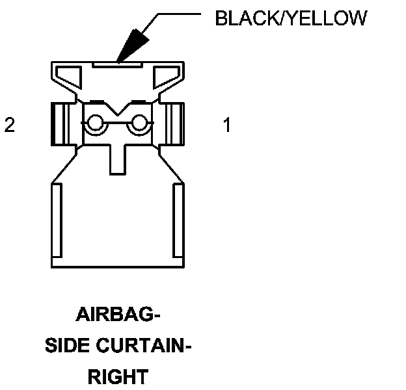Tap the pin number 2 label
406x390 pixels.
(x=9, y=125)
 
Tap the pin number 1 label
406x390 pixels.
(x=226, y=125)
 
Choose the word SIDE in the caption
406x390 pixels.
(x=67, y=346)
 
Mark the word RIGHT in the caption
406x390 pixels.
(x=118, y=376)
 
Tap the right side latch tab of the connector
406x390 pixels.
(x=176, y=124)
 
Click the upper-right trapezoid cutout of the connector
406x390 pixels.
(x=167, y=78)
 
